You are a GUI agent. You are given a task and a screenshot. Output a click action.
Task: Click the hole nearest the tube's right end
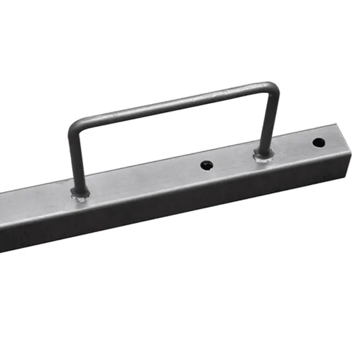coord(318,142)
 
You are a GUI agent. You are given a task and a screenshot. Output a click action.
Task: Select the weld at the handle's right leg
coord(263,156)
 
